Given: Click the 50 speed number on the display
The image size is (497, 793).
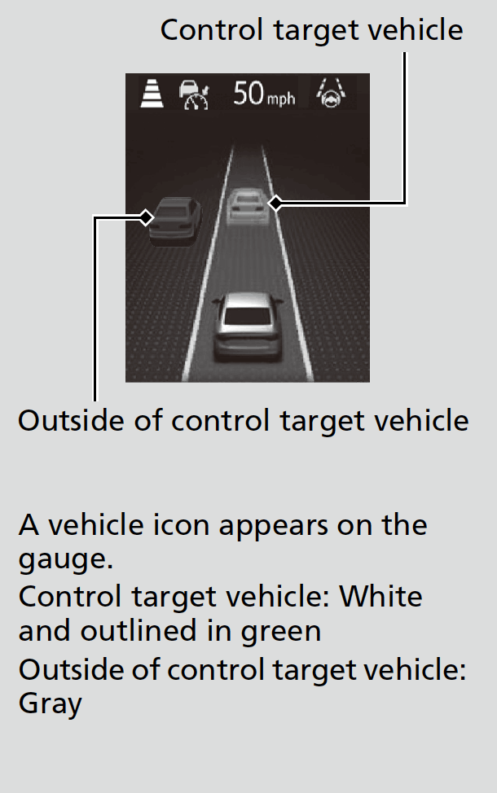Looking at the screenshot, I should point(248,93).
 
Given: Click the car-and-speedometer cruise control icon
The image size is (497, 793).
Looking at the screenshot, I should point(194,94).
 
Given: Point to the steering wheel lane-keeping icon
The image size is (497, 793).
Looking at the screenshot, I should point(332,94).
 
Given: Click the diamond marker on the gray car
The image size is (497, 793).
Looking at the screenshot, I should point(147,217).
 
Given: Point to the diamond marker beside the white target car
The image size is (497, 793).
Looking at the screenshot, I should point(276,203).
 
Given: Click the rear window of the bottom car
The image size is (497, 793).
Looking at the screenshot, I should point(247,309).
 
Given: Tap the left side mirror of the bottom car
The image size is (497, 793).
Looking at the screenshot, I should point(216,302).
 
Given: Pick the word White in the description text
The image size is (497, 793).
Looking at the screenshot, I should point(380,597).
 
